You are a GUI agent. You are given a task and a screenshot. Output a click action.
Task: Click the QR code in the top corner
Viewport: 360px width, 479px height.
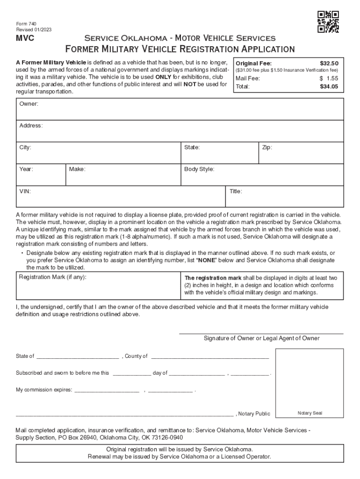(328, 22)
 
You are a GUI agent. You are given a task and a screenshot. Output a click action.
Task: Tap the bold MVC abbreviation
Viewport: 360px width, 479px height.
(25, 38)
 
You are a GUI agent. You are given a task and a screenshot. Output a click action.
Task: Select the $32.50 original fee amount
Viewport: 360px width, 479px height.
(329, 63)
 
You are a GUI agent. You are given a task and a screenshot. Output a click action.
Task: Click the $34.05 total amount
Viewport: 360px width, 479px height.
(329, 87)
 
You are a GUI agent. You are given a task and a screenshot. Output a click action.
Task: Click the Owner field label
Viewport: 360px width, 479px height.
(29, 103)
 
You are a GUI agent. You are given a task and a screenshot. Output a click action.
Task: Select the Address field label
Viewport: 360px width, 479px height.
(31, 126)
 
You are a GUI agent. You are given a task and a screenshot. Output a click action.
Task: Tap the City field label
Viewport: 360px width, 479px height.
(25, 147)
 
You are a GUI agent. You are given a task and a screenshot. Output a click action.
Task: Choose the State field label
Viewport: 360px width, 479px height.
(192, 147)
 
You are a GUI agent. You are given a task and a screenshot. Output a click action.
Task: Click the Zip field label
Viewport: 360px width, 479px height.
(267, 147)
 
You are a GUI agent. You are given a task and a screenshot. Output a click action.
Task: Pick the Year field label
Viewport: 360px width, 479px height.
(26, 169)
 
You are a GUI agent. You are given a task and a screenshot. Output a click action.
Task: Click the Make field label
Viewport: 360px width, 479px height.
(77, 169)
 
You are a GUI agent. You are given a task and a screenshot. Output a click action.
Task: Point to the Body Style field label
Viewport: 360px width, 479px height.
(199, 169)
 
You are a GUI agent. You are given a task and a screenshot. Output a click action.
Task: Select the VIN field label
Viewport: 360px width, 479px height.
(25, 191)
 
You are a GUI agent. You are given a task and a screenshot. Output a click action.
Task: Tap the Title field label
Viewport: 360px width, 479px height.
(236, 191)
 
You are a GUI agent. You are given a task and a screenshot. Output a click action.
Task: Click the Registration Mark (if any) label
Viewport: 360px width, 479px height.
(52, 277)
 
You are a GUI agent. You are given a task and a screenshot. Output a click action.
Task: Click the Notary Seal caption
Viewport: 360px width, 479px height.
(310, 413)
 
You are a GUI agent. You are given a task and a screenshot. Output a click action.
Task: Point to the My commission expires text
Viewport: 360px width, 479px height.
(44, 390)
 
